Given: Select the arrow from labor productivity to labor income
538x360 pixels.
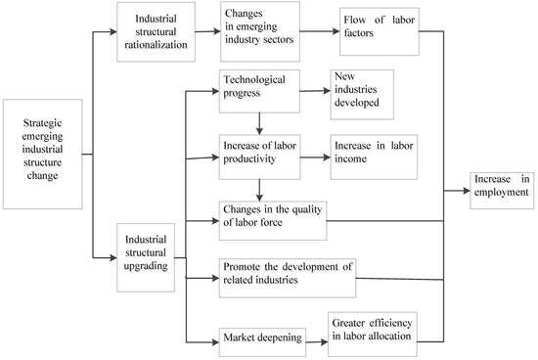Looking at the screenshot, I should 315,154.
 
